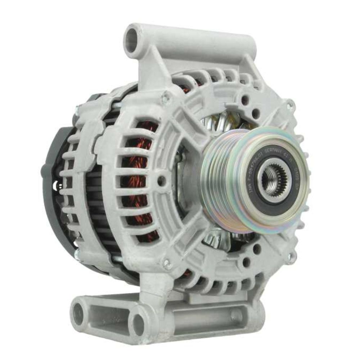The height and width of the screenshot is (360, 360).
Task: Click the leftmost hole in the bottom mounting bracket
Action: point(80,313)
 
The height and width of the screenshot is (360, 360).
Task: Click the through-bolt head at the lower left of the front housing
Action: point(167,262)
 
